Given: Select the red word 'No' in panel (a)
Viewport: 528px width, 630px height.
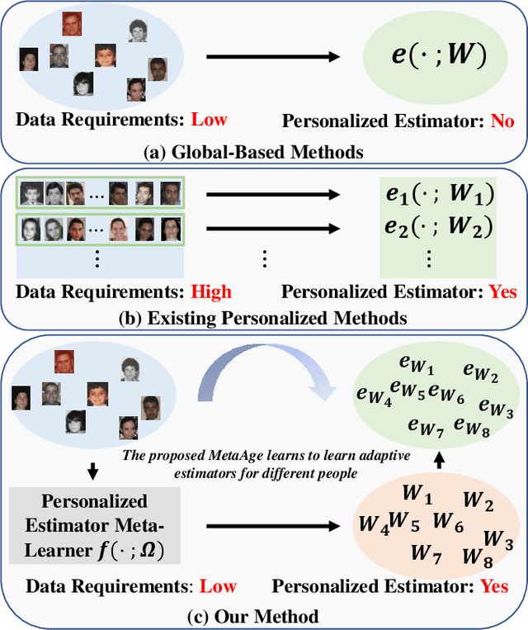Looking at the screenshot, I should point(502,121).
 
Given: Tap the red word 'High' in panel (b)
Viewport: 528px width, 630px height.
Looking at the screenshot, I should point(211,291).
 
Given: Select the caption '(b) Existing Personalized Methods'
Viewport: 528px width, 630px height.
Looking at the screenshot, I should point(264,318).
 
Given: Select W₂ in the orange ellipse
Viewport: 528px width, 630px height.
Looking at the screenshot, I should point(478,500).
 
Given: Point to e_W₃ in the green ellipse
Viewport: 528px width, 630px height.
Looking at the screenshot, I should point(495,407).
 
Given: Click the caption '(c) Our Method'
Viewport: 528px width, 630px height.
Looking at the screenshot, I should point(264,615).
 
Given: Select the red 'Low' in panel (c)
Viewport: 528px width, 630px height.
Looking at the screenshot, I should point(218,586).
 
